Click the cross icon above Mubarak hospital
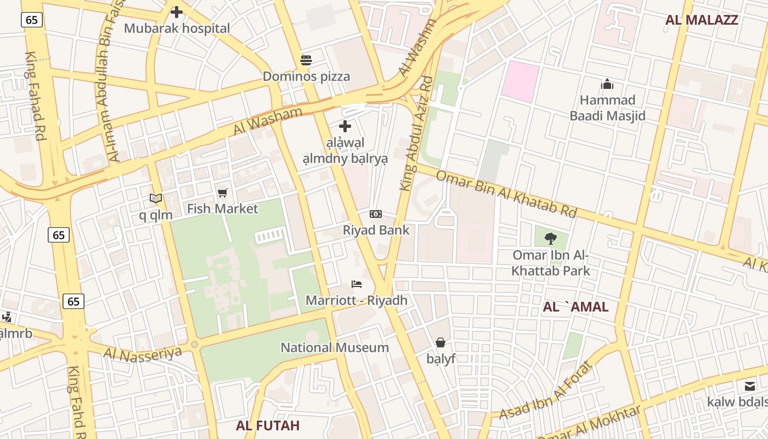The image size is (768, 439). tap(177, 12)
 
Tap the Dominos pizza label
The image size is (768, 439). tap(306, 76)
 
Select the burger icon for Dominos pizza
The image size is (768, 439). tap(306, 60)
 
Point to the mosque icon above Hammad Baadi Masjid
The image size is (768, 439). tap(607, 84)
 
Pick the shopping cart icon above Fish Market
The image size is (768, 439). tap(222, 193)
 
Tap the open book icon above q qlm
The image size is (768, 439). tap(156, 198)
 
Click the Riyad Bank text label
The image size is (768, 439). tap(376, 230)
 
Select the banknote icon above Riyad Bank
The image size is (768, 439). tap(376, 214)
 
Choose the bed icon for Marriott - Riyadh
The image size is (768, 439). tap(357, 284)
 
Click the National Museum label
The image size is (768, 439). tap(335, 347)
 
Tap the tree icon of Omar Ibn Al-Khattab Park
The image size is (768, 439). tap(551, 238)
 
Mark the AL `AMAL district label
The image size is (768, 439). tap(575, 307)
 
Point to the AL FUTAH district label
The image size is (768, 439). tap(268, 425)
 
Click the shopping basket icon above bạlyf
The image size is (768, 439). tap(441, 343)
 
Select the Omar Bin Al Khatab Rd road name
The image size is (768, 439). tap(506, 194)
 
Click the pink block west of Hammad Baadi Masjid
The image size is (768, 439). tap(521, 81)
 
